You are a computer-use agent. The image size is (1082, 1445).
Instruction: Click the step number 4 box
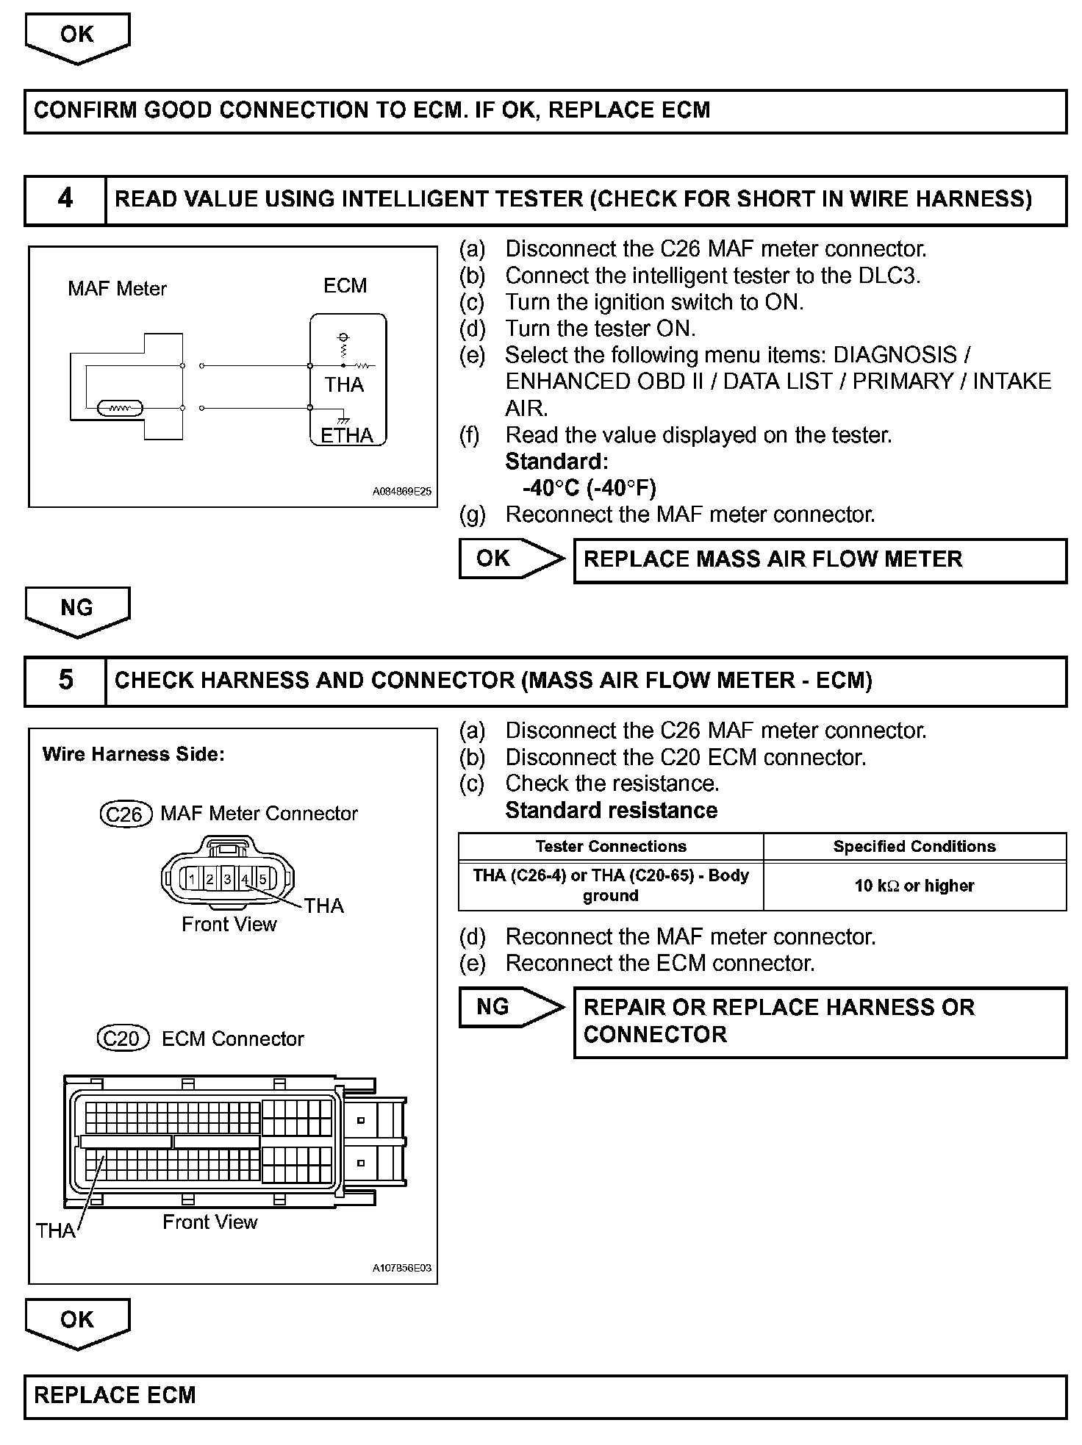[x=65, y=199]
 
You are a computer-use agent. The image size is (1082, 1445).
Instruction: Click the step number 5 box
[x=65, y=681]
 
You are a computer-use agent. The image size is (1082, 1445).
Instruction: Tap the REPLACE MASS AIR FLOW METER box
[x=819, y=560]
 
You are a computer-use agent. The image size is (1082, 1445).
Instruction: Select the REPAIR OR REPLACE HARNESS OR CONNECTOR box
[x=819, y=1022]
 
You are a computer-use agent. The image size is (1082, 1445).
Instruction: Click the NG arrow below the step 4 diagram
[x=77, y=610]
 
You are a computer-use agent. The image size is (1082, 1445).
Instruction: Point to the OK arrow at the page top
[x=77, y=37]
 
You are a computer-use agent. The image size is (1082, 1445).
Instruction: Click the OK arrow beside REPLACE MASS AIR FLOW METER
[x=510, y=559]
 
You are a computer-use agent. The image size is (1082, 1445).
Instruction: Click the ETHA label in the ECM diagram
[x=347, y=435]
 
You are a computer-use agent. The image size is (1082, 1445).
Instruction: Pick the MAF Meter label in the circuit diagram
[x=117, y=288]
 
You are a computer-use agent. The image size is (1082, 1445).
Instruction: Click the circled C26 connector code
[x=124, y=814]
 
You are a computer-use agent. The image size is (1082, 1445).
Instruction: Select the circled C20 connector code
[x=123, y=1039]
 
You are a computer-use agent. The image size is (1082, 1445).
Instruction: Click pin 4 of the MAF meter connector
[x=246, y=878]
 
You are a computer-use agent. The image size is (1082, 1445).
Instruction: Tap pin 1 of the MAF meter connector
[x=192, y=878]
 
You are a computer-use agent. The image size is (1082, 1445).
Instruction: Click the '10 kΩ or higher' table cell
[x=914, y=886]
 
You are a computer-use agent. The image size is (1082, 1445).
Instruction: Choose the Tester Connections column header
[x=610, y=847]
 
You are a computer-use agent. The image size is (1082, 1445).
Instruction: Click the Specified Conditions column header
[x=914, y=847]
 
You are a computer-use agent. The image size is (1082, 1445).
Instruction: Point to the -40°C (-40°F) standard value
[x=589, y=488]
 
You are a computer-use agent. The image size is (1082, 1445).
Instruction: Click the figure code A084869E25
[x=401, y=492]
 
